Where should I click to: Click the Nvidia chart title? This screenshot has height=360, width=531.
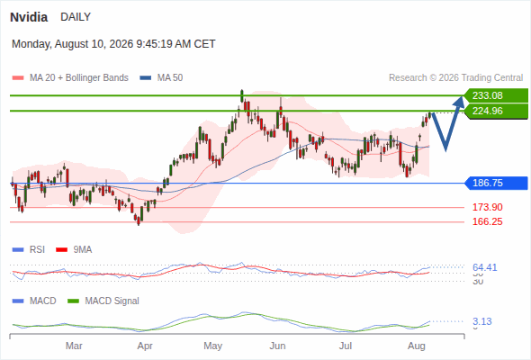coord(29,17)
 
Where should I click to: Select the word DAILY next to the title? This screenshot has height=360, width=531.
coord(76,17)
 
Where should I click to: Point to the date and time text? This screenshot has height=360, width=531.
coord(113,44)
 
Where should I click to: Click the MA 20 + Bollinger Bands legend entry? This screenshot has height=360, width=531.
coord(70,78)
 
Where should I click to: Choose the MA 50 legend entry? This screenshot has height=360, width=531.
coord(161,78)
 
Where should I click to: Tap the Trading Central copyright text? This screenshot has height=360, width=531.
coord(455,78)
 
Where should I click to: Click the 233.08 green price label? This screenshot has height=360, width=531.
coord(496,95)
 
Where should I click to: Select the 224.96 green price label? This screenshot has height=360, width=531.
coord(496,111)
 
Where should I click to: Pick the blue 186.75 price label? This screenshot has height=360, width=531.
coord(497,184)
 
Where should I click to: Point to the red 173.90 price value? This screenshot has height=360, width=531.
coord(487,207)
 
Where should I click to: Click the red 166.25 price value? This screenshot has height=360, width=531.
coord(487,221)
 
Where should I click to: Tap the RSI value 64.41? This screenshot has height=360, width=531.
coord(484,267)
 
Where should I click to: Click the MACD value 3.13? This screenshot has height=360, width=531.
coord(481,321)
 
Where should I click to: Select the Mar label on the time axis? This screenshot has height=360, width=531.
coord(74,346)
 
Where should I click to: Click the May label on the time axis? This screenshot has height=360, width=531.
coord(213,346)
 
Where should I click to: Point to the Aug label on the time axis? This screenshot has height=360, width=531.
coord(416,346)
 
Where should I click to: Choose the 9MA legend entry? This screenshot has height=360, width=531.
coord(74,250)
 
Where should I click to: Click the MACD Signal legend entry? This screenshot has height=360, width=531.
coord(103,301)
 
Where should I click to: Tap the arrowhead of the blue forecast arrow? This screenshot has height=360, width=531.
coord(460,102)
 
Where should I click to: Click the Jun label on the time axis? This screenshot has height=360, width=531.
coord(277,346)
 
